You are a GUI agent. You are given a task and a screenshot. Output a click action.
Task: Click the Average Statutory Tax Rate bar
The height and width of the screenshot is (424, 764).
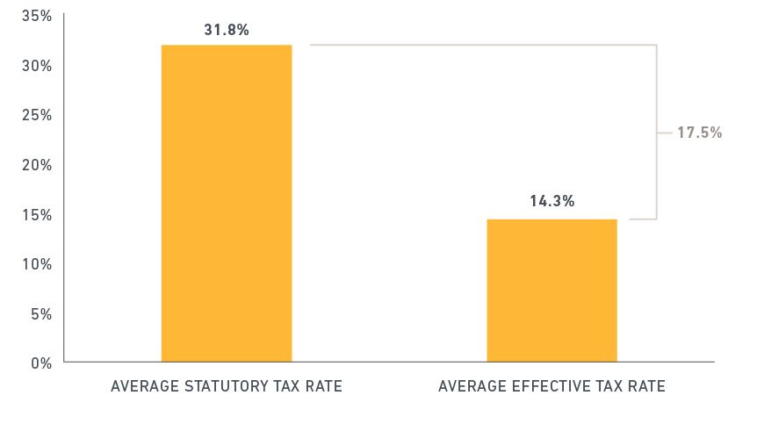pos(226,203)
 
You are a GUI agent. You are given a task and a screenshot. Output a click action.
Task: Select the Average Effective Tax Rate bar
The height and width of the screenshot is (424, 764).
pos(551,290)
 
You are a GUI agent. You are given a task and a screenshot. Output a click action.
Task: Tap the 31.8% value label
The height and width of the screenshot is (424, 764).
pos(226,30)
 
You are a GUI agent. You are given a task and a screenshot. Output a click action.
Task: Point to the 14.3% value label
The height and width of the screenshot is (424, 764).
pos(551,201)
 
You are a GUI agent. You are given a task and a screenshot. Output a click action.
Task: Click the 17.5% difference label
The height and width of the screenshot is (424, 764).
pos(699,133)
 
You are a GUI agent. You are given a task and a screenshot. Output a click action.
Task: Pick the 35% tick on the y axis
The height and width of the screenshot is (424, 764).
pos(39,16)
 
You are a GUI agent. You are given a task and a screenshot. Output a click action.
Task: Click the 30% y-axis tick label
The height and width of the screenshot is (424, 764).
pos(39,66)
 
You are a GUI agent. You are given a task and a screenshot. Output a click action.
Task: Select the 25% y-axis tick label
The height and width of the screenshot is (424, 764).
pos(39,115)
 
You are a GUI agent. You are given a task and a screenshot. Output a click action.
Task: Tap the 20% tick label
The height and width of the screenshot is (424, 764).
pos(39,165)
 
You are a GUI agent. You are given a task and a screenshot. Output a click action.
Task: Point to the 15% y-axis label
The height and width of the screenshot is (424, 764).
pos(39,214)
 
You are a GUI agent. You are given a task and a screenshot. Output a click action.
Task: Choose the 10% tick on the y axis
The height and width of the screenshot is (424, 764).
pos(39,263)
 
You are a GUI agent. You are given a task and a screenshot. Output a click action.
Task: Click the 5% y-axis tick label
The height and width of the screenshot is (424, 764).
pos(42,313)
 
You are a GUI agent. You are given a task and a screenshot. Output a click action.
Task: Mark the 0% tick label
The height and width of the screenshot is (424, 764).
pos(42,363)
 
